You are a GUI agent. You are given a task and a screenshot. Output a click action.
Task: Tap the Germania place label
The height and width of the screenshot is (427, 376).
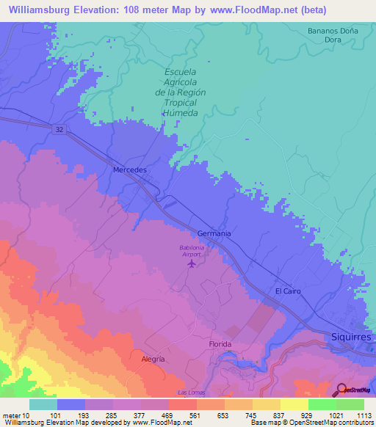click(214, 233)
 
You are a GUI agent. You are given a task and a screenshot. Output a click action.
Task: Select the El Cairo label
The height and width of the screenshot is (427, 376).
click(289, 291)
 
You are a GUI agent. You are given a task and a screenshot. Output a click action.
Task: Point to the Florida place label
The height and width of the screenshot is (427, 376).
click(220, 344)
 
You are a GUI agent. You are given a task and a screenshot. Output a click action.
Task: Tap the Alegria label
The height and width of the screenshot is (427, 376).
click(153, 360)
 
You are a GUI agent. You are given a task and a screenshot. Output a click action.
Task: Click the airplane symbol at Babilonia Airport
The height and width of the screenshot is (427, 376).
click(192, 263)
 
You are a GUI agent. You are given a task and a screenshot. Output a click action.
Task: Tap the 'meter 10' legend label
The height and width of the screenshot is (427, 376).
click(16, 416)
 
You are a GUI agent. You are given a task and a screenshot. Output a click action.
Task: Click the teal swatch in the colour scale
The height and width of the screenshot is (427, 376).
click(43, 404)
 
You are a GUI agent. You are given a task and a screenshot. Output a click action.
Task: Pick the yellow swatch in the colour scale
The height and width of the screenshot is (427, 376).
click(294, 404)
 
